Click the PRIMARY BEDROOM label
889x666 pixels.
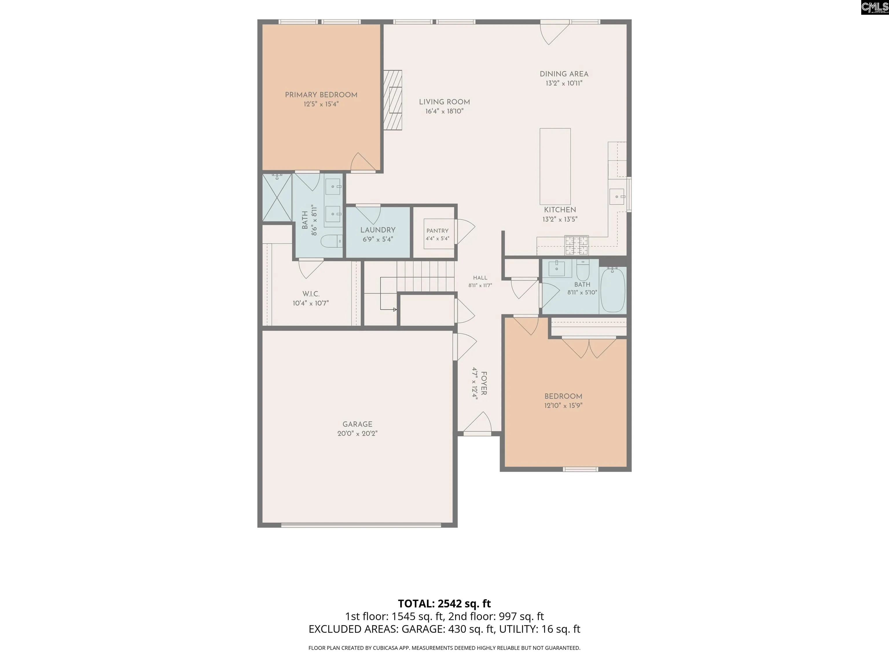point(321,95)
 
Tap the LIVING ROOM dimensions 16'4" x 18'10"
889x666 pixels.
point(444,111)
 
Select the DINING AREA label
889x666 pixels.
point(564,74)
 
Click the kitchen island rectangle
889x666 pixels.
point(555,166)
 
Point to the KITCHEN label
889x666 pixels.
point(560,210)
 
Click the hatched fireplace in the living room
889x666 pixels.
point(393,100)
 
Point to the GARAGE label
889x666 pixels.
point(357,424)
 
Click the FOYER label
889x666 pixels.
point(484,383)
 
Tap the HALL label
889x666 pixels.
point(480,278)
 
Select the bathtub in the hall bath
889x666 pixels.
point(613,290)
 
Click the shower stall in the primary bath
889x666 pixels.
point(277,197)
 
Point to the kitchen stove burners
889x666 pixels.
point(577,246)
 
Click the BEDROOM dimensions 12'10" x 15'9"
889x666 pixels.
point(563,406)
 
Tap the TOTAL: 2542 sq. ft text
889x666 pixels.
point(444,603)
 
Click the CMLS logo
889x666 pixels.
point(874,7)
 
